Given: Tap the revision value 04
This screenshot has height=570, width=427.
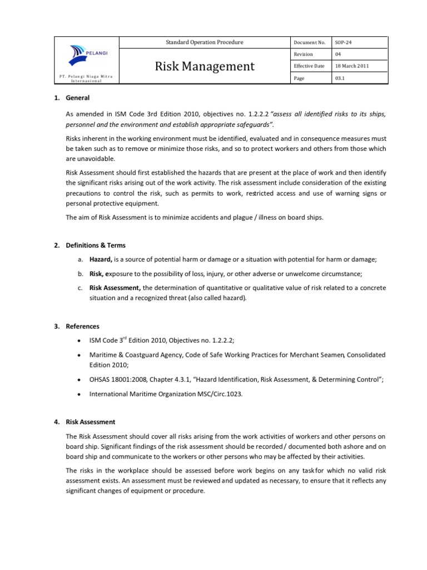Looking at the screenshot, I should [339, 55].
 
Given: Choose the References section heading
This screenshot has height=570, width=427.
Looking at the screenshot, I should [83, 326].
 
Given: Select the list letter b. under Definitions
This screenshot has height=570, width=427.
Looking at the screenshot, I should [81, 273].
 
